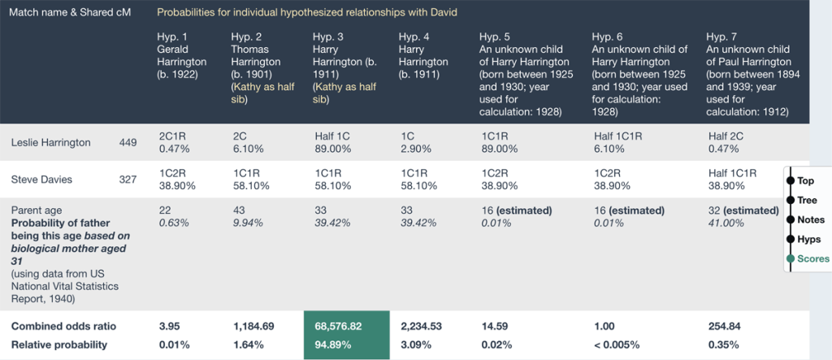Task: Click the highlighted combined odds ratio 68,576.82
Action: [344, 326]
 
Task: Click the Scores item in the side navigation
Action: [812, 258]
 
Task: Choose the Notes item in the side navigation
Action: [809, 219]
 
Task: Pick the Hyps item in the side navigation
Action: [808, 239]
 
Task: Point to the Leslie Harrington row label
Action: [50, 143]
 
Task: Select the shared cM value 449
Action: [128, 143]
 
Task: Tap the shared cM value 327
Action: [128, 180]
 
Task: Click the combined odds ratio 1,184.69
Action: [253, 326]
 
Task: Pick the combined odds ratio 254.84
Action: [724, 326]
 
